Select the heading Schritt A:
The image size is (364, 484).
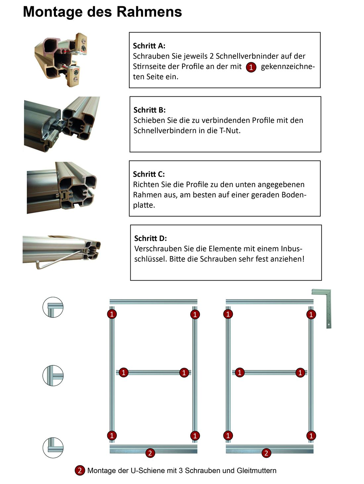149,46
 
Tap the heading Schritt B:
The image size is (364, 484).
150,110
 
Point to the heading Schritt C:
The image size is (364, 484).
149,174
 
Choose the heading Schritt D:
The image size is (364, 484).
151,239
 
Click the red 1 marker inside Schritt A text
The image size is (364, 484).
251,67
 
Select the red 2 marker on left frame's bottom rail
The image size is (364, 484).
150,453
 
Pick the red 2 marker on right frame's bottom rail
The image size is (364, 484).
266,453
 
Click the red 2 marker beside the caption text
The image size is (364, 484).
79,470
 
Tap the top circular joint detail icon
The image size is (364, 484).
53,307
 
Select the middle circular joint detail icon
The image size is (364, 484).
53,375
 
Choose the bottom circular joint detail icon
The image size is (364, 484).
53,448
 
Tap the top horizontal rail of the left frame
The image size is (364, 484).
153,301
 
